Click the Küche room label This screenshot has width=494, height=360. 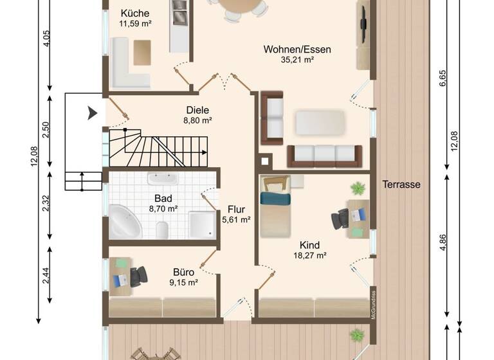click(x=134, y=14)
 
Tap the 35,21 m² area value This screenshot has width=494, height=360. click(x=288, y=60)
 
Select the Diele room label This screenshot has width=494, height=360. click(x=197, y=110)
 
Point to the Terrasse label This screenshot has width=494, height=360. click(x=401, y=184)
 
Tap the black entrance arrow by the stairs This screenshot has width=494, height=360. click(x=92, y=114)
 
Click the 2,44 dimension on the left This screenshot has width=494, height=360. click(x=45, y=274)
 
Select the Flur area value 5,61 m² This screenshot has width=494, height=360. click(x=236, y=219)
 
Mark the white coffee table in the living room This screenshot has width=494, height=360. click(x=320, y=122)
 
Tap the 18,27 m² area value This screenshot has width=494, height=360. click(x=309, y=255)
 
